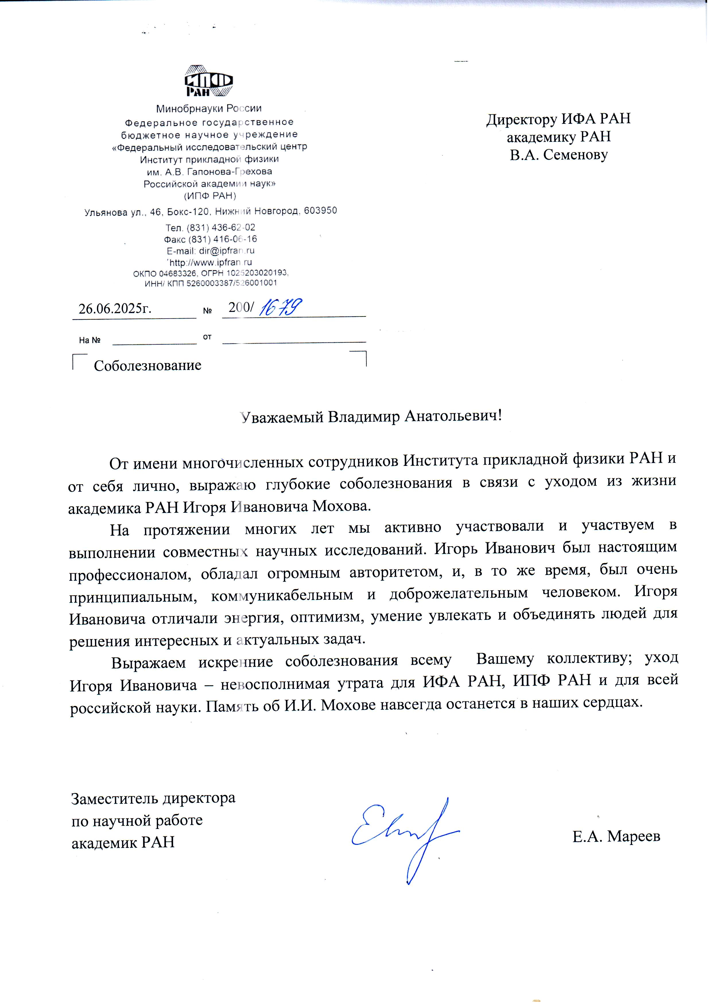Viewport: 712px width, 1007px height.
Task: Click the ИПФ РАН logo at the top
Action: pyautogui.click(x=209, y=81)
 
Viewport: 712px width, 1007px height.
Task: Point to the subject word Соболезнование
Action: pyautogui.click(x=148, y=366)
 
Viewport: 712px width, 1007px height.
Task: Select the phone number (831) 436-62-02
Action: pyautogui.click(x=221, y=228)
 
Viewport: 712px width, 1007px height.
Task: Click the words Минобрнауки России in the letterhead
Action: pyautogui.click(x=209, y=108)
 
